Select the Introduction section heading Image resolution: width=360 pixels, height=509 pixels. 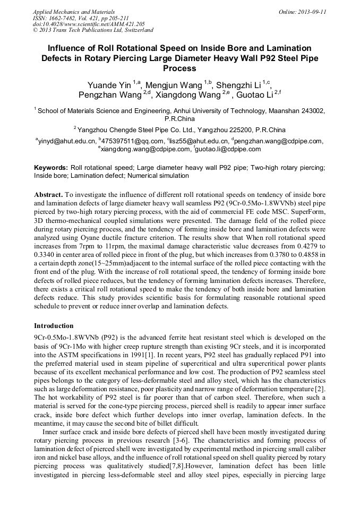(x=54, y=325)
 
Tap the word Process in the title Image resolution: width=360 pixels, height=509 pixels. (x=180, y=68)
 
